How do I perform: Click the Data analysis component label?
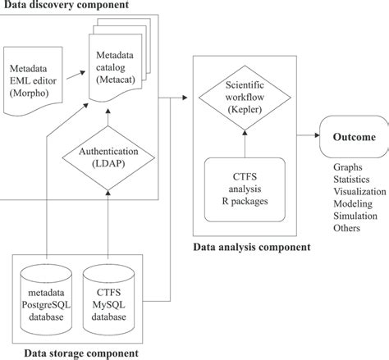click(x=252, y=246)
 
